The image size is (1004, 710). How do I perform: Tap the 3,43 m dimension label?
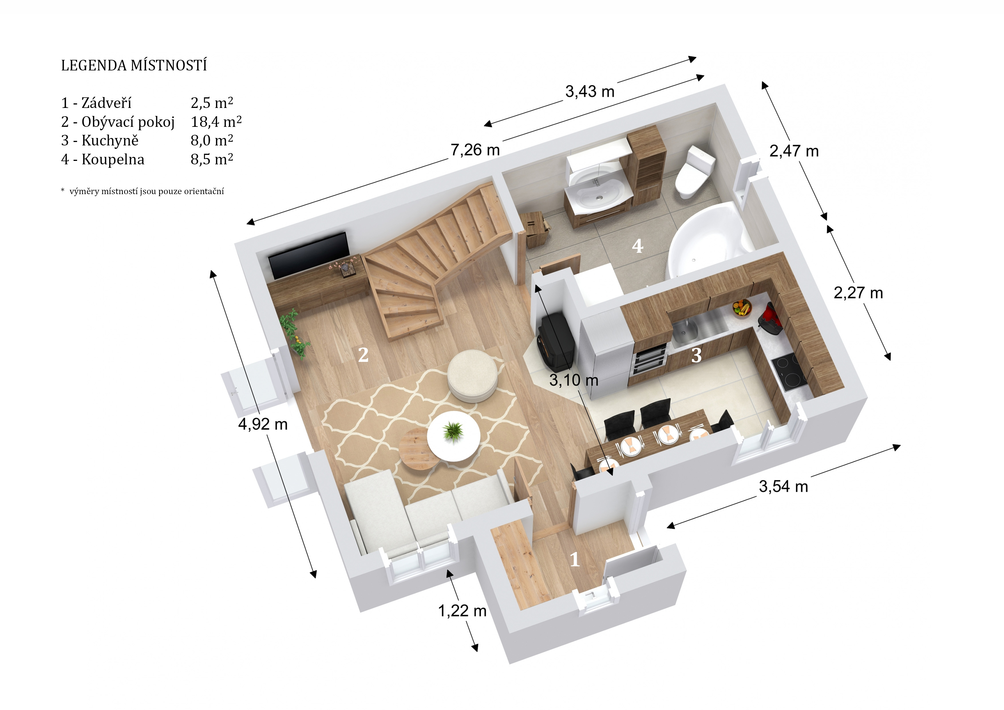pyautogui.click(x=590, y=91)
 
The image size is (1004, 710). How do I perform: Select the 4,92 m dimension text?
pyautogui.click(x=263, y=424)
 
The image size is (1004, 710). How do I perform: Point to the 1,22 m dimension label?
pyautogui.click(x=462, y=611)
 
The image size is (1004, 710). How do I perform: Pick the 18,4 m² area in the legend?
pyautogui.click(x=216, y=122)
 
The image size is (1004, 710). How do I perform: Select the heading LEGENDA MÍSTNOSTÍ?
pyautogui.click(x=134, y=66)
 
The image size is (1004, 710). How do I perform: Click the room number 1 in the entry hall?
pyautogui.click(x=575, y=559)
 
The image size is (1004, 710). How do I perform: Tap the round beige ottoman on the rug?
pyautogui.click(x=472, y=375)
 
